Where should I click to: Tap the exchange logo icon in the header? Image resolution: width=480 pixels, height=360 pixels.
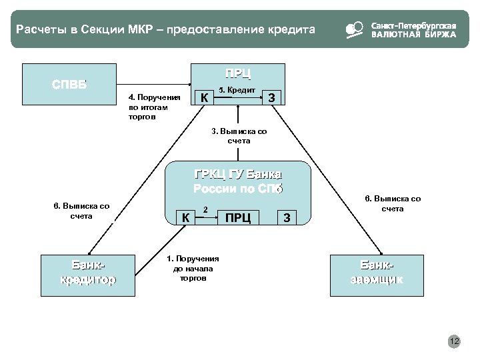pyautogui.click(x=354, y=30)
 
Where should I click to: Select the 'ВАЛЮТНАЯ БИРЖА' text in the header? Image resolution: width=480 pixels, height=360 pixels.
pyautogui.click(x=413, y=35)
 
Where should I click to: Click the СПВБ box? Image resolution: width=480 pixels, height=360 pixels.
pyautogui.click(x=70, y=85)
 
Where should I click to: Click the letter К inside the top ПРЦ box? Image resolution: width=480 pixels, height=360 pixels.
pyautogui.click(x=205, y=99)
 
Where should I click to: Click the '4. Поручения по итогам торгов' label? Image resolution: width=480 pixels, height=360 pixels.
pyautogui.click(x=149, y=107)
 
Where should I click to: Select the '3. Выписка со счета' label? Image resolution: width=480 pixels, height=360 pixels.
pyautogui.click(x=238, y=136)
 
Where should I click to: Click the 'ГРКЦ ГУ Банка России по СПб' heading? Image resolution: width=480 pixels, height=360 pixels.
pyautogui.click(x=238, y=182)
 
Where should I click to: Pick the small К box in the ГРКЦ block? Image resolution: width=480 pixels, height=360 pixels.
pyautogui.click(x=187, y=217)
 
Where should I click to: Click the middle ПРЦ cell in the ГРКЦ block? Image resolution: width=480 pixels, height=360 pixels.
pyautogui.click(x=238, y=217)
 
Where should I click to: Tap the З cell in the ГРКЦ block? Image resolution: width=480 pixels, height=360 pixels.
pyautogui.click(x=287, y=217)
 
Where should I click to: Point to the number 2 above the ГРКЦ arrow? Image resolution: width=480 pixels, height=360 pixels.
pyautogui.click(x=205, y=210)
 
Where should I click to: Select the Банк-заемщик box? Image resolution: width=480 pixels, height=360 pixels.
pyautogui.click(x=377, y=272)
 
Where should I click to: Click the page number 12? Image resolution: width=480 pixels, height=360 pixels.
pyautogui.click(x=455, y=342)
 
